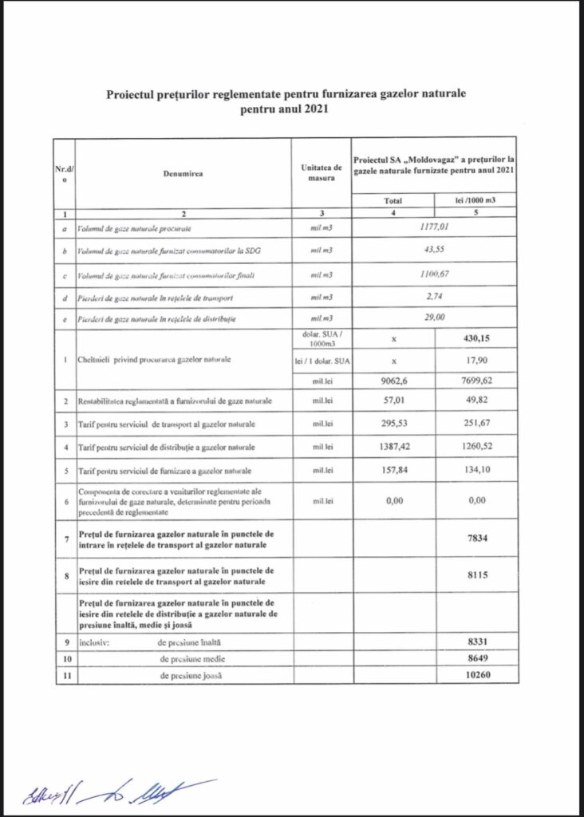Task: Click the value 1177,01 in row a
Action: tap(434, 228)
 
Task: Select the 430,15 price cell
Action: tap(476, 338)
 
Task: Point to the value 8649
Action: tap(476, 659)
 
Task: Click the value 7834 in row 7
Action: tap(476, 539)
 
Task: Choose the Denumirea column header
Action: tap(183, 173)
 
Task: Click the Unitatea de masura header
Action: tap(322, 173)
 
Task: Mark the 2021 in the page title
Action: tap(314, 110)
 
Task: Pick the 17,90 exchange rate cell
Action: tap(476, 361)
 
